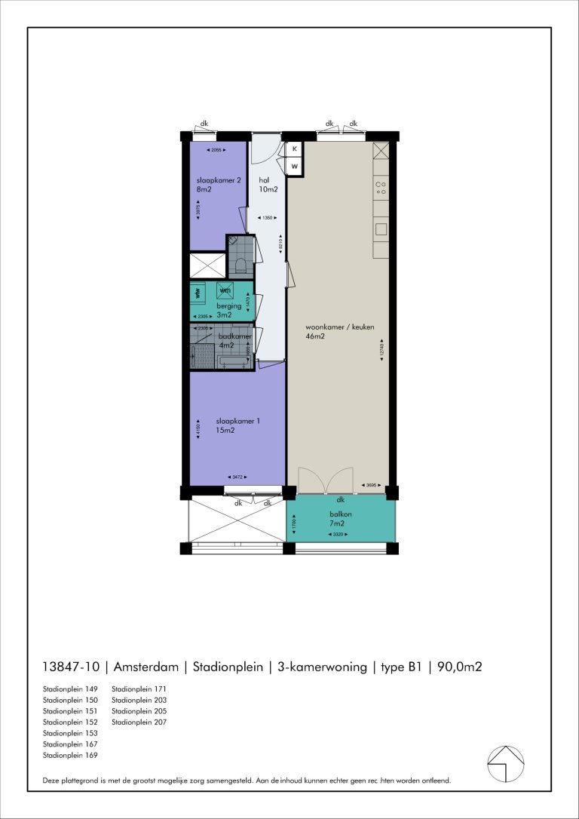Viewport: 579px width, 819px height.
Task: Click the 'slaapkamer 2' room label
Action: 218,181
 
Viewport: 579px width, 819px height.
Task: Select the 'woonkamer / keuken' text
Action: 339,327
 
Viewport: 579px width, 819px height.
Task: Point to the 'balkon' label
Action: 341,514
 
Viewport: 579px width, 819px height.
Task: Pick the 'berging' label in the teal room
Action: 229,306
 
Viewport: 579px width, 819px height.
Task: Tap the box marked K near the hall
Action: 295,149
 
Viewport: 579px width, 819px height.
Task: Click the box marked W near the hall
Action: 295,166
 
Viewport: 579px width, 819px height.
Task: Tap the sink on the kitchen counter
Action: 381,229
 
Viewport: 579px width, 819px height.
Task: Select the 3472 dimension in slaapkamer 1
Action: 237,477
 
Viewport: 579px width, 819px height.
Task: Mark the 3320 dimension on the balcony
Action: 341,535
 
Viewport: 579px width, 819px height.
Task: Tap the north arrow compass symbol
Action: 506,764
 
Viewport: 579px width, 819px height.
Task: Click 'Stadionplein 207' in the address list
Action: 139,722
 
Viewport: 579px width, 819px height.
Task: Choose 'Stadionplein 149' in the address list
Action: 70,689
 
